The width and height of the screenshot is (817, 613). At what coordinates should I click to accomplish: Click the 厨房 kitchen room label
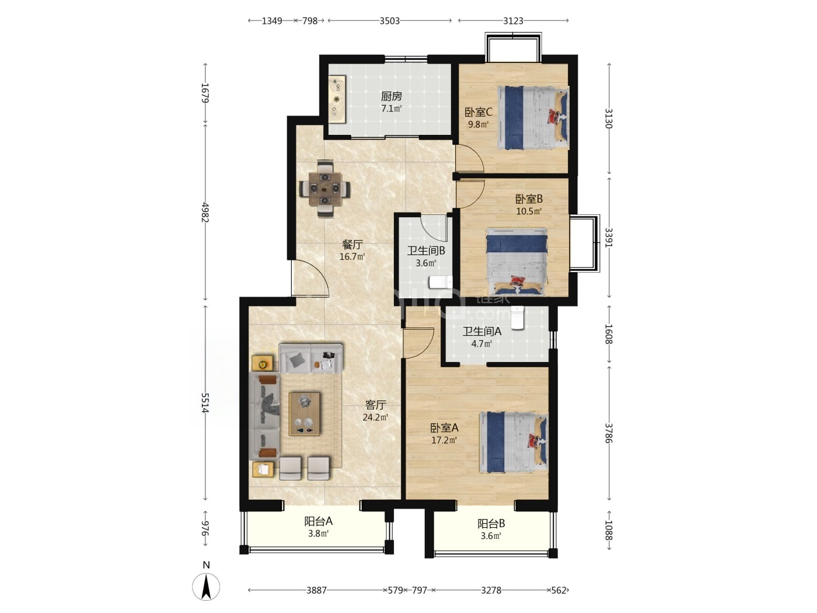coord(391,96)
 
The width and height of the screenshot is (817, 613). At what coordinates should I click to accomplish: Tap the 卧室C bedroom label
coord(479,112)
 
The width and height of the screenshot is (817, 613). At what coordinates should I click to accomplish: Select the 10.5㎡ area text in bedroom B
coord(529,211)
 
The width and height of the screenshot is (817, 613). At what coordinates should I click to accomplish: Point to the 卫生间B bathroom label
coord(426,250)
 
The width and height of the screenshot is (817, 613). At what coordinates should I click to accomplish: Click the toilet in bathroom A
coord(518,318)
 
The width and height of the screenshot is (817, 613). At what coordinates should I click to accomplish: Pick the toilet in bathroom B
coord(441,282)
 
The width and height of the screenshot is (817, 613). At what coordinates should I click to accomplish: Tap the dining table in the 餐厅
coord(325,189)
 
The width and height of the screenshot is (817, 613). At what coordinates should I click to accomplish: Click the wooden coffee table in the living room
coord(305,413)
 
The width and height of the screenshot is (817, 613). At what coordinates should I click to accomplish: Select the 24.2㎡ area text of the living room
coord(375,417)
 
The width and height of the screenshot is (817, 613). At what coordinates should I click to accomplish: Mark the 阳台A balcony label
coord(318,521)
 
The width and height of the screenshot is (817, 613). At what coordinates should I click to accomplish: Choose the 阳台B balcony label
coord(491,524)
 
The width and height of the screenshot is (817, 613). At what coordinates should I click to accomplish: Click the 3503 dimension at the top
coord(389,21)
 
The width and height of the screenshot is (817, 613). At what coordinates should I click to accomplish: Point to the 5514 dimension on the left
coord(205,402)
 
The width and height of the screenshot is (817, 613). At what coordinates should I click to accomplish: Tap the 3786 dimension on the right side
coord(608,433)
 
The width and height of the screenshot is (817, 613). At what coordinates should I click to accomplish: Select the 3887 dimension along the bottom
coord(316,590)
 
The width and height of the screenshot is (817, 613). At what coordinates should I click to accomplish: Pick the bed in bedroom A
coord(514,442)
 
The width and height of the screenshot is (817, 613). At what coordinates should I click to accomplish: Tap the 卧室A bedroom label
coord(444,428)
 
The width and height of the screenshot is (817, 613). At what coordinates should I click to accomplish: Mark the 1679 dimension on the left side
coord(205,93)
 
